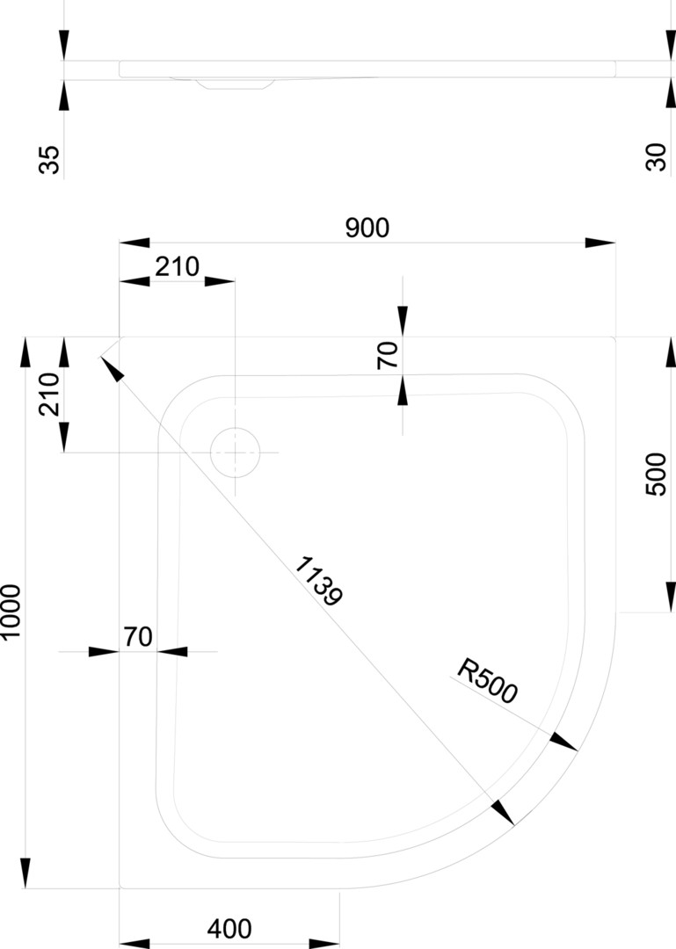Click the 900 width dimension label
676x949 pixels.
tap(367, 228)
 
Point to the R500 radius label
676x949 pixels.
tap(488, 683)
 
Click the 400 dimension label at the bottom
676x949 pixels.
tap(229, 928)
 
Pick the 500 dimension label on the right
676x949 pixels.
tap(656, 474)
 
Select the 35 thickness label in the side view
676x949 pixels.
tap(50, 160)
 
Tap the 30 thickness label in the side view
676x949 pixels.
tap(656, 158)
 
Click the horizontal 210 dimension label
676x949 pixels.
tap(178, 266)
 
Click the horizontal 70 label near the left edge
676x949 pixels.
tap(138, 636)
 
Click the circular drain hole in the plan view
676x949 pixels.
tap(236, 452)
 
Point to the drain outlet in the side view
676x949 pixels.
tap(234, 83)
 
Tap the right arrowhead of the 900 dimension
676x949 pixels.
tap(601, 243)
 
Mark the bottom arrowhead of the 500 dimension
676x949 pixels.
tap(667, 597)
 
